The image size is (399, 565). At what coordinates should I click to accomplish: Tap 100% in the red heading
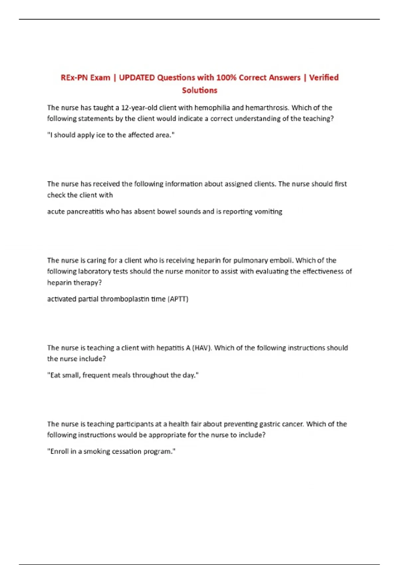pyautogui.click(x=226, y=78)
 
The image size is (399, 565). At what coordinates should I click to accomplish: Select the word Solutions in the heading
pyautogui.click(x=199, y=90)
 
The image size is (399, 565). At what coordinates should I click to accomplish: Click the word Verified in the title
pyautogui.click(x=324, y=78)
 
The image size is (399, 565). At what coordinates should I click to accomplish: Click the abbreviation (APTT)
pyautogui.click(x=178, y=299)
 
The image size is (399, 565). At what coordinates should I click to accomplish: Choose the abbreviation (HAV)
pyautogui.click(x=201, y=348)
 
